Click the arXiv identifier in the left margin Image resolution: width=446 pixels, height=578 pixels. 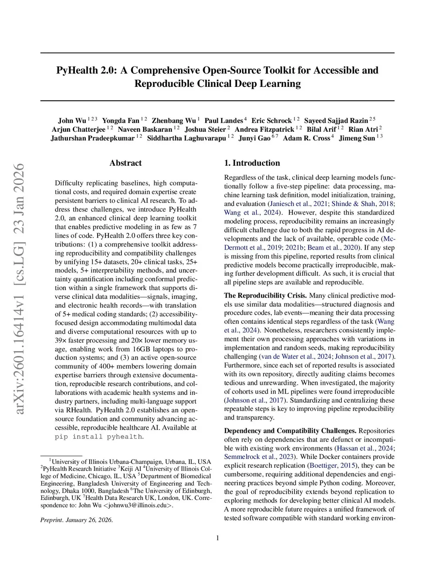coord(20,288)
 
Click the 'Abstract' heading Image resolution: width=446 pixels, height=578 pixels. coord(125,163)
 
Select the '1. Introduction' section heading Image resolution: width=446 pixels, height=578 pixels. coord(252,163)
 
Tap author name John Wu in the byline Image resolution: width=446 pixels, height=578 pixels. coord(72,121)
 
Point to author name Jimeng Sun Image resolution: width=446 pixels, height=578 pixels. coord(357,138)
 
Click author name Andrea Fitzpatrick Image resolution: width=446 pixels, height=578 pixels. coord(264,130)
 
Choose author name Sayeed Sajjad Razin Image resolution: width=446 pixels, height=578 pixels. coord(336,121)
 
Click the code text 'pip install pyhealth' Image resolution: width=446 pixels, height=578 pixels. coord(98,437)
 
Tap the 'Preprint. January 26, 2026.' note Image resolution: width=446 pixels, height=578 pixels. coord(77,520)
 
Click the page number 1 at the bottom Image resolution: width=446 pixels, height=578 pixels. coord(217,538)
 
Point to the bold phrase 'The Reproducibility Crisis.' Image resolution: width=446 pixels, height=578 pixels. coord(265,296)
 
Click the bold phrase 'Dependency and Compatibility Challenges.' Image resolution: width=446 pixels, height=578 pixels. coord(290,431)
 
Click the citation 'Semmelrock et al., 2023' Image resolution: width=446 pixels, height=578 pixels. coord(259,457)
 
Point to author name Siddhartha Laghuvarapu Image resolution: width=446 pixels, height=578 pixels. coord(186,138)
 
